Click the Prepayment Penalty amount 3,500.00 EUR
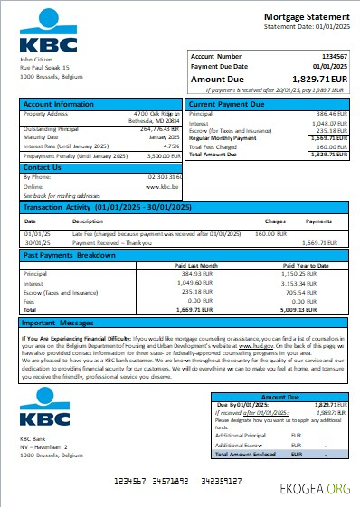pyautogui.click(x=162, y=155)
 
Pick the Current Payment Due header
pyautogui.click(x=229, y=105)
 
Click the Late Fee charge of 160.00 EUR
pyautogui.click(x=272, y=232)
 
